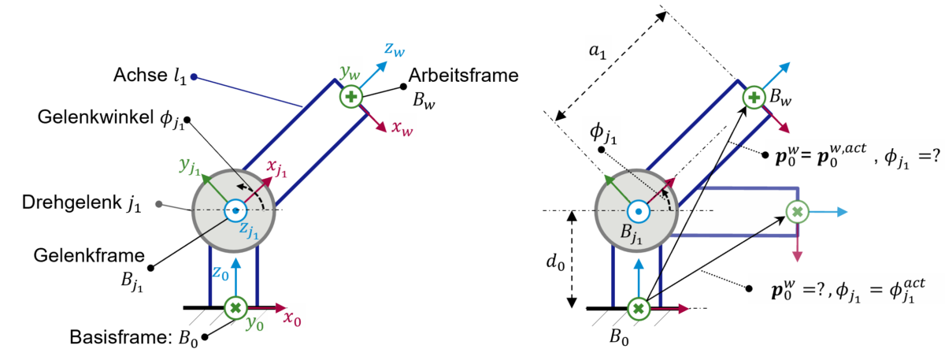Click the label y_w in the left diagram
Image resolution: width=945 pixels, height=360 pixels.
click(x=350, y=72)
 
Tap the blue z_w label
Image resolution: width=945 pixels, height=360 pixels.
click(x=395, y=50)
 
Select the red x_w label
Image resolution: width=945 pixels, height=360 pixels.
click(x=402, y=128)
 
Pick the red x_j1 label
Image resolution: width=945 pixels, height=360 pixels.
click(x=277, y=167)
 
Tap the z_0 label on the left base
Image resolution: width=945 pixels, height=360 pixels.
click(x=220, y=272)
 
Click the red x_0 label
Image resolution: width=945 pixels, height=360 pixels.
click(x=292, y=318)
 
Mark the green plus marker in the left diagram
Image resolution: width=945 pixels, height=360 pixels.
click(x=350, y=97)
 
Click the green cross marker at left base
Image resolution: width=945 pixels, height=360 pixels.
click(x=235, y=308)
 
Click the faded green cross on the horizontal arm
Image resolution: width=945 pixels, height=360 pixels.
click(x=797, y=211)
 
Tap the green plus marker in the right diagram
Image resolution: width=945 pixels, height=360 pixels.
click(x=754, y=97)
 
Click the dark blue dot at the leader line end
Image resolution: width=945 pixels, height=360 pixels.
click(x=194, y=77)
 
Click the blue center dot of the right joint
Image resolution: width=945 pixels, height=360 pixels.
click(x=637, y=211)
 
